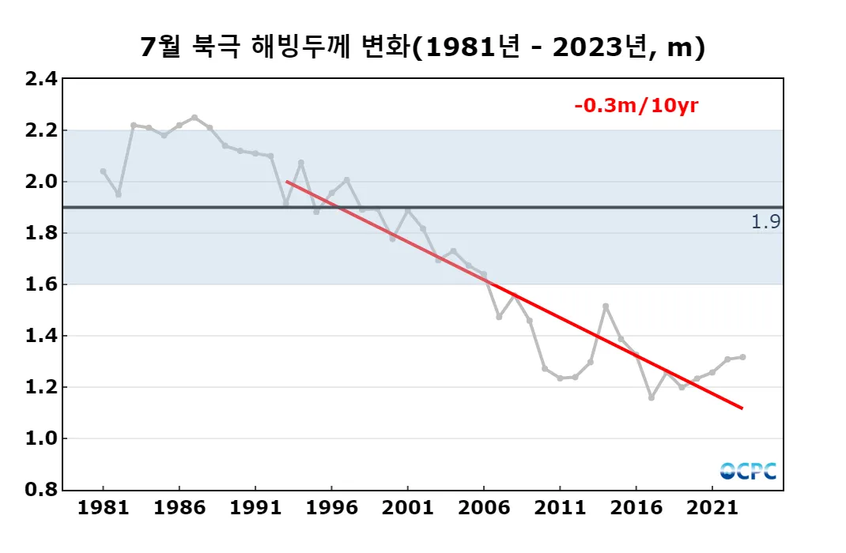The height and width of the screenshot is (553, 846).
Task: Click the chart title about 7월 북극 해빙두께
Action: [x=422, y=48]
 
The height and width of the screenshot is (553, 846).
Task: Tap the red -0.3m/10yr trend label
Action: [x=636, y=105]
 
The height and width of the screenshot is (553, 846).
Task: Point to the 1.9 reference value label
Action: [x=765, y=222]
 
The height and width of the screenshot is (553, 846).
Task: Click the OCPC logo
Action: [x=748, y=471]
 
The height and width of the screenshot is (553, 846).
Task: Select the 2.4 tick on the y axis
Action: [x=41, y=79]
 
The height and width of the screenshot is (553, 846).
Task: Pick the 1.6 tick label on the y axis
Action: [x=41, y=284]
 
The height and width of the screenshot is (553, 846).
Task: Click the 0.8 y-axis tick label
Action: [x=41, y=490]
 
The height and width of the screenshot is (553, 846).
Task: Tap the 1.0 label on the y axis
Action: [x=41, y=438]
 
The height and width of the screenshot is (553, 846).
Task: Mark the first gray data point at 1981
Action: [x=104, y=171]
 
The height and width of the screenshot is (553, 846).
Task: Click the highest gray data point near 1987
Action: [x=195, y=117]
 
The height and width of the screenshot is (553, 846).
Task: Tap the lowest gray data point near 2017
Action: [x=651, y=397]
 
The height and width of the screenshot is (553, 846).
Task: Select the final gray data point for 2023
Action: [x=742, y=357]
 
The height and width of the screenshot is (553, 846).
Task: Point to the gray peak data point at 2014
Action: [x=606, y=306]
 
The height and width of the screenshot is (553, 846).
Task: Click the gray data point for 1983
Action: [x=134, y=125]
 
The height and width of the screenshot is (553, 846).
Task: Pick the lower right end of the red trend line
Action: [x=742, y=408]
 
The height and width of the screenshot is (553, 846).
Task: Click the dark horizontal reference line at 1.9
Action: [x=474, y=207]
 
